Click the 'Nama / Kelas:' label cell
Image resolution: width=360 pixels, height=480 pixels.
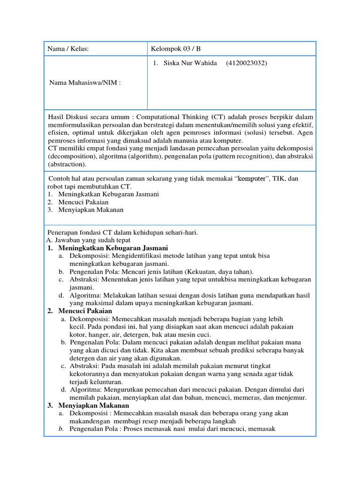68,48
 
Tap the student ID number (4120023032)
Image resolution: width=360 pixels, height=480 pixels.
247,63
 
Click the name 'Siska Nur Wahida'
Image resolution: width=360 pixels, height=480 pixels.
190,63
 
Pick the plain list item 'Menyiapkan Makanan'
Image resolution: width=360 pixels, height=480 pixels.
91,210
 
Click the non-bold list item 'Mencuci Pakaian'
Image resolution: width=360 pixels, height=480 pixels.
83,202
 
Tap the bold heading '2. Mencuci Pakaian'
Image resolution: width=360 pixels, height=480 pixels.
80,310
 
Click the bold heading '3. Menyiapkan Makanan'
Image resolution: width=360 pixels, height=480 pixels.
88,405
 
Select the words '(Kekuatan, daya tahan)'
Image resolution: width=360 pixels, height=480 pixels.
219,271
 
